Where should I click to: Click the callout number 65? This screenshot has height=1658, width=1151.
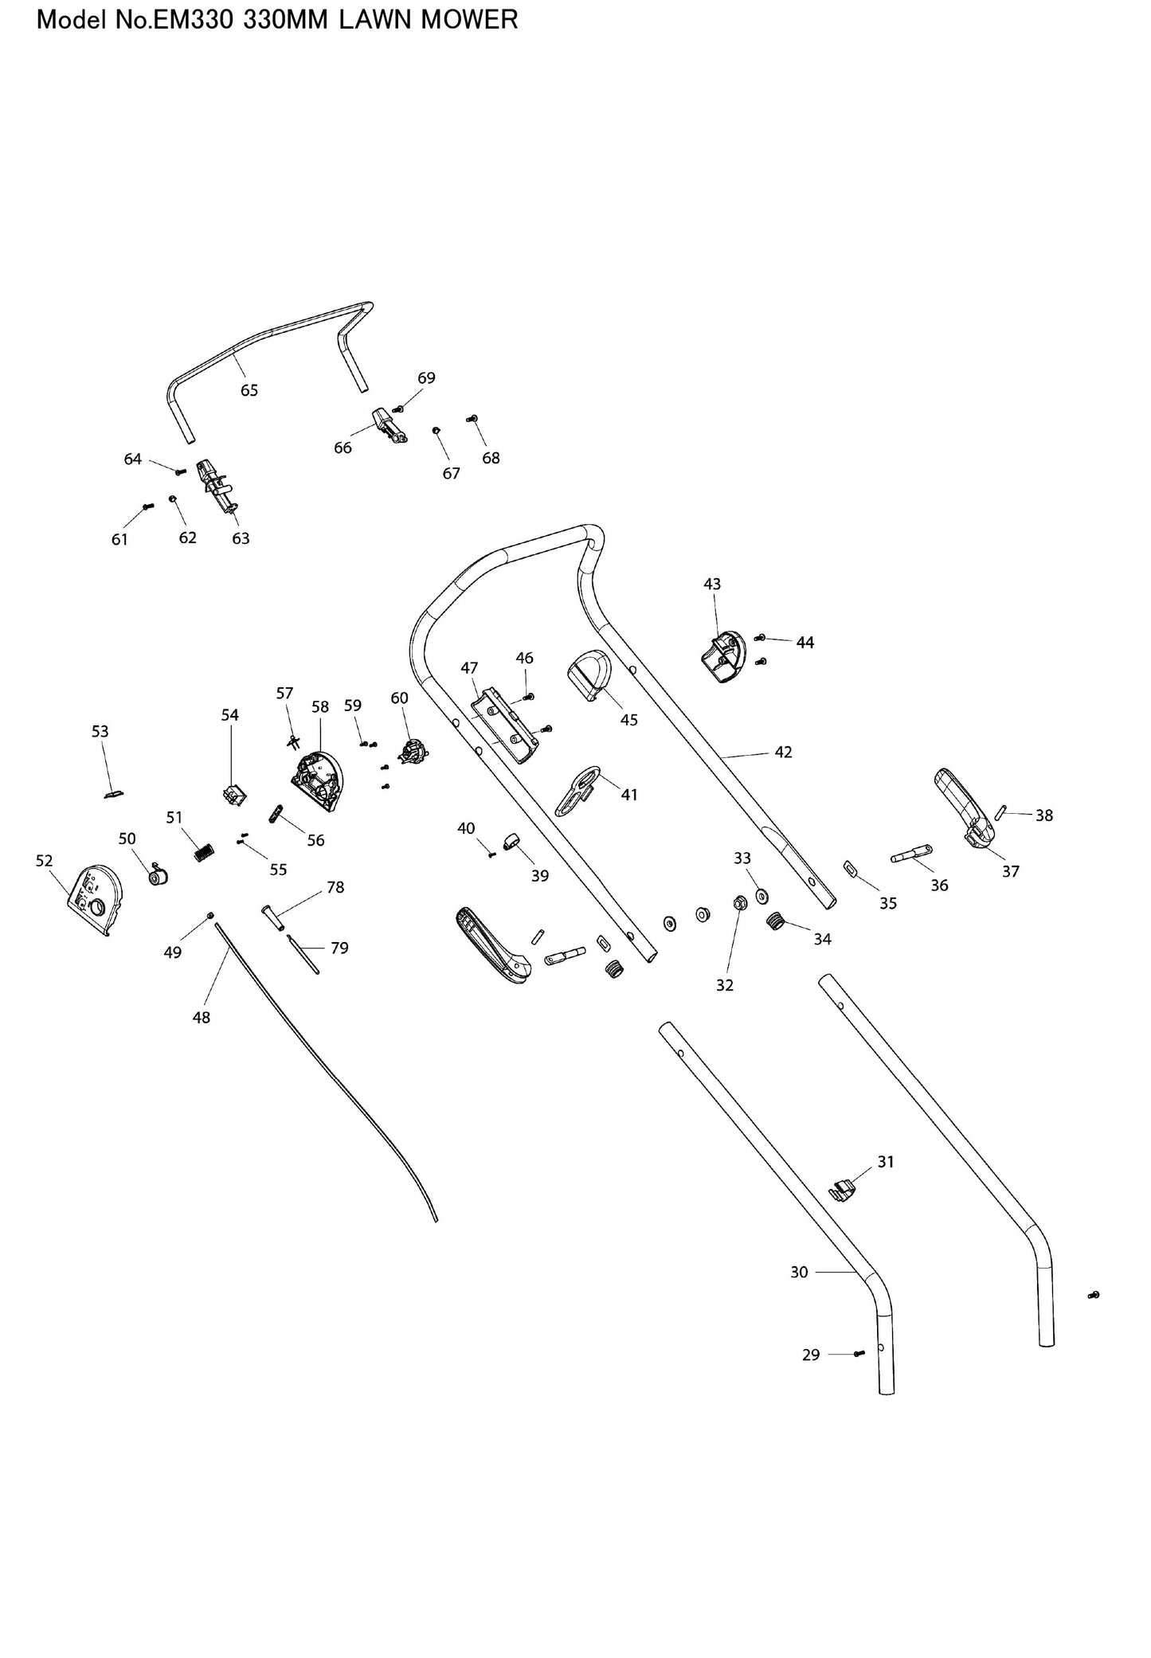click(x=249, y=390)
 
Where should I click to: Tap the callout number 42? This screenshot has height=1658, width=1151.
click(x=783, y=752)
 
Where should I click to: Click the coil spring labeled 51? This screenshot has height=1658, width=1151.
click(x=205, y=852)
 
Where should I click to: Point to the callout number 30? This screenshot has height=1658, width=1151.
click(x=799, y=1272)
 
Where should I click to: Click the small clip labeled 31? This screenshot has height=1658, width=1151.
click(x=844, y=1190)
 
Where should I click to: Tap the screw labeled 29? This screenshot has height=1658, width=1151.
click(x=858, y=1353)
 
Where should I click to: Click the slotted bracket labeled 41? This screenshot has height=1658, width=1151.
click(x=577, y=790)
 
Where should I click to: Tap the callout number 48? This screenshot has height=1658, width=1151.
click(x=202, y=1017)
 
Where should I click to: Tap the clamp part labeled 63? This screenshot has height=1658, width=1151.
click(x=217, y=484)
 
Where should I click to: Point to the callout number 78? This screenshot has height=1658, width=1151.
click(x=335, y=887)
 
